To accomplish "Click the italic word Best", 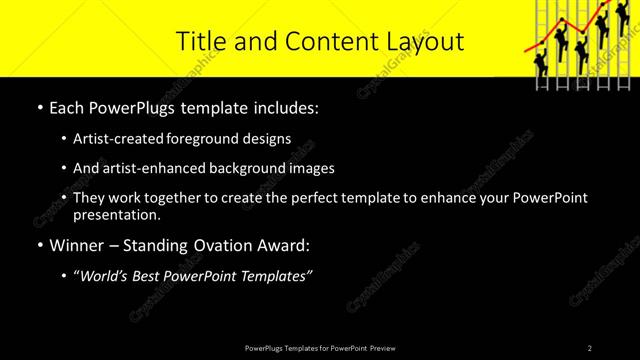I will click(153, 276).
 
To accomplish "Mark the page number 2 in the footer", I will click(590, 348).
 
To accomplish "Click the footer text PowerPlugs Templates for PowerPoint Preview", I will click(320, 348).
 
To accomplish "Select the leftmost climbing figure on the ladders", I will click(541, 61).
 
